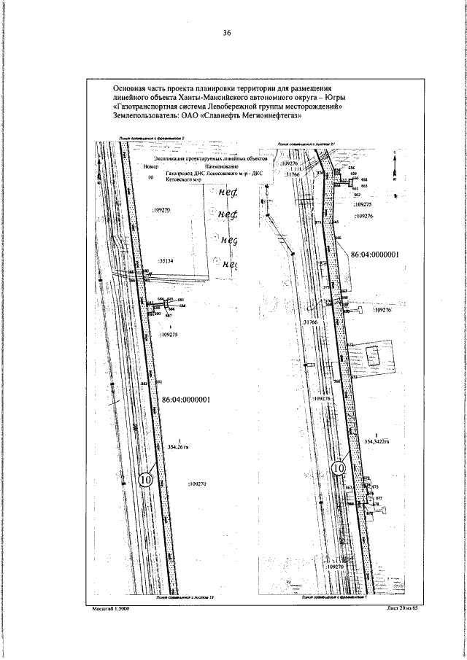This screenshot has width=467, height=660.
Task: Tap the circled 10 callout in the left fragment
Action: [x=145, y=480]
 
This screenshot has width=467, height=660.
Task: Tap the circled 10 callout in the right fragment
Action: [x=339, y=467]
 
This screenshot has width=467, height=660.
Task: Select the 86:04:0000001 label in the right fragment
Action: [x=375, y=256]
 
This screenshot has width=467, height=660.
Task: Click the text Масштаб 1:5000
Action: [x=111, y=607]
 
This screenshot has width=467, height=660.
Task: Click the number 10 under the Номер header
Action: [x=151, y=176]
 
